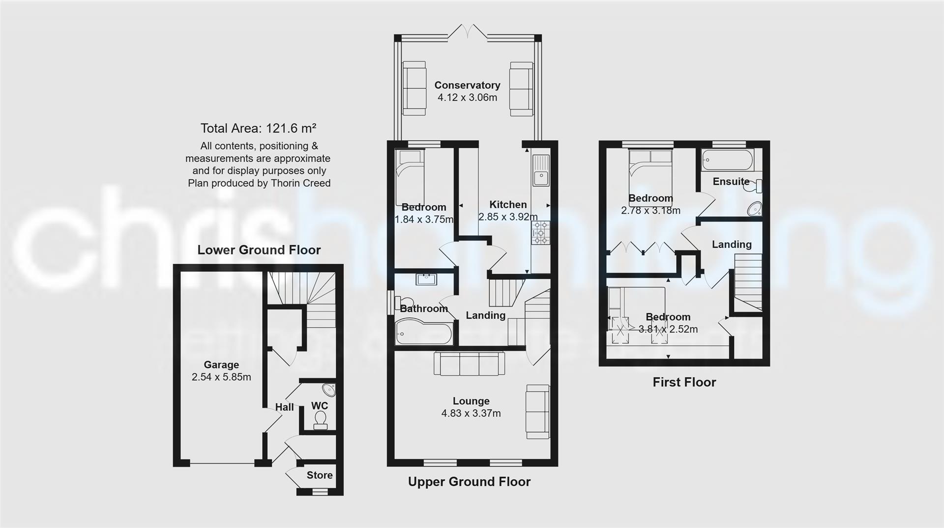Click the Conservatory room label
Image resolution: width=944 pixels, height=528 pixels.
467,85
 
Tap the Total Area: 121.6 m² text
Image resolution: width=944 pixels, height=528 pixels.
258,129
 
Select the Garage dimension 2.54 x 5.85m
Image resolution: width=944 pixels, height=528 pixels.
221,377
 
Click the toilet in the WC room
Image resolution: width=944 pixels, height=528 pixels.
321,420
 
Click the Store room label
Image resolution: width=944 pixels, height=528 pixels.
320,475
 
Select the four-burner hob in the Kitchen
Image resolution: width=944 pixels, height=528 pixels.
541,232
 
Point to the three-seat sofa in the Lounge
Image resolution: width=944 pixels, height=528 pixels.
469,364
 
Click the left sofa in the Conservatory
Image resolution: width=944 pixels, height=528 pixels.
414,88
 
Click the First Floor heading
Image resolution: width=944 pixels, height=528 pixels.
684,382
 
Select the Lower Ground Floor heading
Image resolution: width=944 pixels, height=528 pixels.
259,250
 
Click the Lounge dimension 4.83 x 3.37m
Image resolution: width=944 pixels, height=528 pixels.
471,414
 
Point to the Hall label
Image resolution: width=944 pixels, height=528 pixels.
284,407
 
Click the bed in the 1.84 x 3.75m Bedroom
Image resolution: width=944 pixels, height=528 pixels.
410,177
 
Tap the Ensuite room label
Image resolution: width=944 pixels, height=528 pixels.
731,181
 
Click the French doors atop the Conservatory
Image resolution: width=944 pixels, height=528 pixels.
468,32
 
